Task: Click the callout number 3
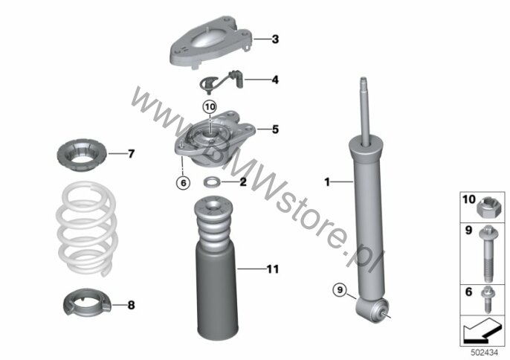click(275, 39)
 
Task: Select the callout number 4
click(275, 80)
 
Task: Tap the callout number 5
click(275, 129)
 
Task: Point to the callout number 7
click(131, 154)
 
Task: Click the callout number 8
click(131, 305)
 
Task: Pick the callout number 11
click(273, 269)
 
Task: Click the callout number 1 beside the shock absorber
click(327, 182)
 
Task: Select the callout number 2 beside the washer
click(243, 182)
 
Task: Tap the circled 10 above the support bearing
click(210, 107)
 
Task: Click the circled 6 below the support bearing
click(183, 183)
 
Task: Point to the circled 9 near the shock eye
click(340, 289)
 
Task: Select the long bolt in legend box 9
click(487, 254)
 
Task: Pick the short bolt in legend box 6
click(487, 300)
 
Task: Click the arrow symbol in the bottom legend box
click(481, 331)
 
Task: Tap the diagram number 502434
click(485, 353)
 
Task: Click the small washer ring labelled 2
click(211, 182)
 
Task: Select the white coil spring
click(87, 228)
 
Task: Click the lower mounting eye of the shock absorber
click(372, 309)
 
